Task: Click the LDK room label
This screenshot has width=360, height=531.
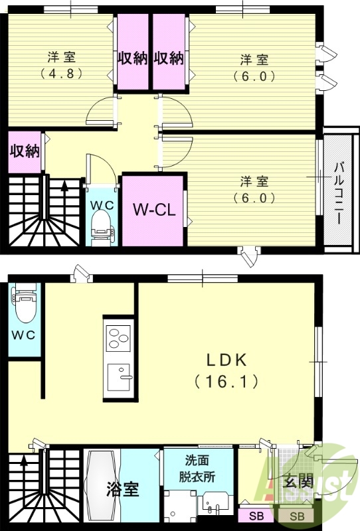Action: click(x=226, y=360)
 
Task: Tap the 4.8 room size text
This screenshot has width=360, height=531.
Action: click(x=61, y=73)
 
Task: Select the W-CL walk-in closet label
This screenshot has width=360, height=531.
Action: click(x=154, y=210)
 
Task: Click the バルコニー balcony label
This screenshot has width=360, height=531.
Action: click(x=338, y=193)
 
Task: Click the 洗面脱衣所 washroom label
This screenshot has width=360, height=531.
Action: click(x=197, y=469)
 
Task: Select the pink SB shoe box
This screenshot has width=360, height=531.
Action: click(x=256, y=516)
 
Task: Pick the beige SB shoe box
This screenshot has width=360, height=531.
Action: click(x=297, y=516)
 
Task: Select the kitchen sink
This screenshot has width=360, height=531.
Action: click(x=119, y=377)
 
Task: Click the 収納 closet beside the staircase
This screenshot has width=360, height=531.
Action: click(x=25, y=151)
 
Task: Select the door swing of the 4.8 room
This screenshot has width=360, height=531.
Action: click(x=102, y=111)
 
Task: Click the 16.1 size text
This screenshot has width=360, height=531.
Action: click(x=226, y=382)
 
